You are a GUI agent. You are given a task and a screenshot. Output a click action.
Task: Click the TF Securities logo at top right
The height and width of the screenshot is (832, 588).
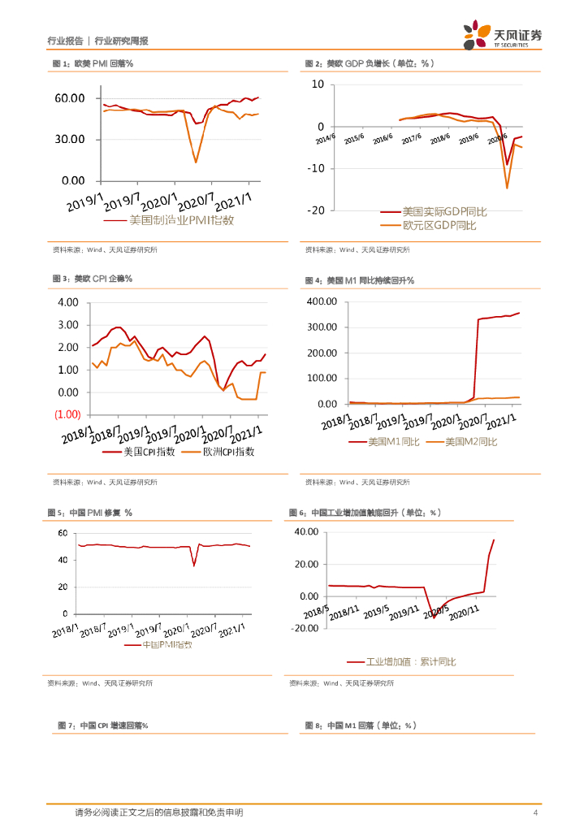point(504,37)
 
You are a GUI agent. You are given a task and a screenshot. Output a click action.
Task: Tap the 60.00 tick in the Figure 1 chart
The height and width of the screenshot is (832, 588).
point(70,98)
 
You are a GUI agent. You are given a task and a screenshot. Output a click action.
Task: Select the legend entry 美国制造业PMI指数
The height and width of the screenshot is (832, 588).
point(182,220)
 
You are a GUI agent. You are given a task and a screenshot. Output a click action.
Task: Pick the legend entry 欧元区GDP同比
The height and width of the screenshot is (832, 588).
point(439,225)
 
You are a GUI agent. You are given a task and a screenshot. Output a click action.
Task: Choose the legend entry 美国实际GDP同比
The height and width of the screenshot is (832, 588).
point(445,211)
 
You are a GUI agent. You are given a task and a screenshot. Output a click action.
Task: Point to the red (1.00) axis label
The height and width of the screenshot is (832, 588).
point(67,414)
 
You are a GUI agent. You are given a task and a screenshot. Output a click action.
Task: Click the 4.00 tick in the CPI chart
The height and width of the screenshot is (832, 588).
point(67,302)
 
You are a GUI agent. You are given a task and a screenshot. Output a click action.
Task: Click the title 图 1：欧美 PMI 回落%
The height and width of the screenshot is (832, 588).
point(93,63)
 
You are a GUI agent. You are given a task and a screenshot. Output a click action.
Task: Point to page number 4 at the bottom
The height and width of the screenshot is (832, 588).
point(534,812)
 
